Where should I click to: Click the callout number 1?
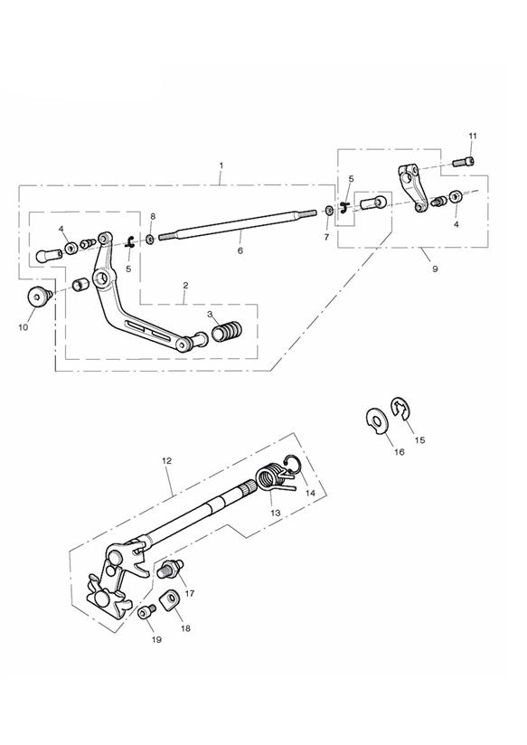coord(221,165)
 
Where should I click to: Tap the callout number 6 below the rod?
coord(240,250)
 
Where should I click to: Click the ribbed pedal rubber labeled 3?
coord(227,331)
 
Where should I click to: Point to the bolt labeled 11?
coord(464,161)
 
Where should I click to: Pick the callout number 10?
coord(24,327)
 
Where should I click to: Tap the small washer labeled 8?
coord(150,238)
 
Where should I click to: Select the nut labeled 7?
coord(329,210)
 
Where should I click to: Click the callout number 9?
coord(435,269)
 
